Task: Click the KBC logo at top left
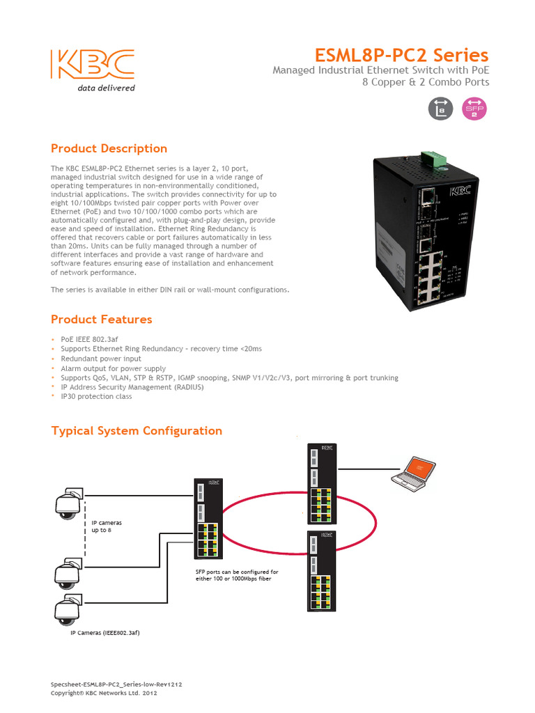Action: pyautogui.click(x=93, y=65)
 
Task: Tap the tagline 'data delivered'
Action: pyautogui.click(x=106, y=88)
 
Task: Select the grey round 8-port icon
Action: pyautogui.click(x=440, y=108)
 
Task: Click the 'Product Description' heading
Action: pyautogui.click(x=109, y=148)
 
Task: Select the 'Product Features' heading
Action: pyautogui.click(x=102, y=320)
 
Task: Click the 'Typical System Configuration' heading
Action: pyautogui.click(x=137, y=431)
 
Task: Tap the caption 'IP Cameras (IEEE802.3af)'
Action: pyautogui.click(x=109, y=633)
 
